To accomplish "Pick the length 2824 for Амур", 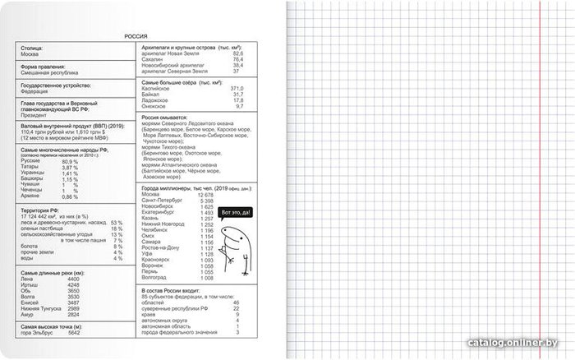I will click(x=74, y=314).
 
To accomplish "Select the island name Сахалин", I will click(x=155, y=59).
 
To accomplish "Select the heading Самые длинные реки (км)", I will click(x=53, y=272).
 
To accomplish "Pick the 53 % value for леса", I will click(x=116, y=222).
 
